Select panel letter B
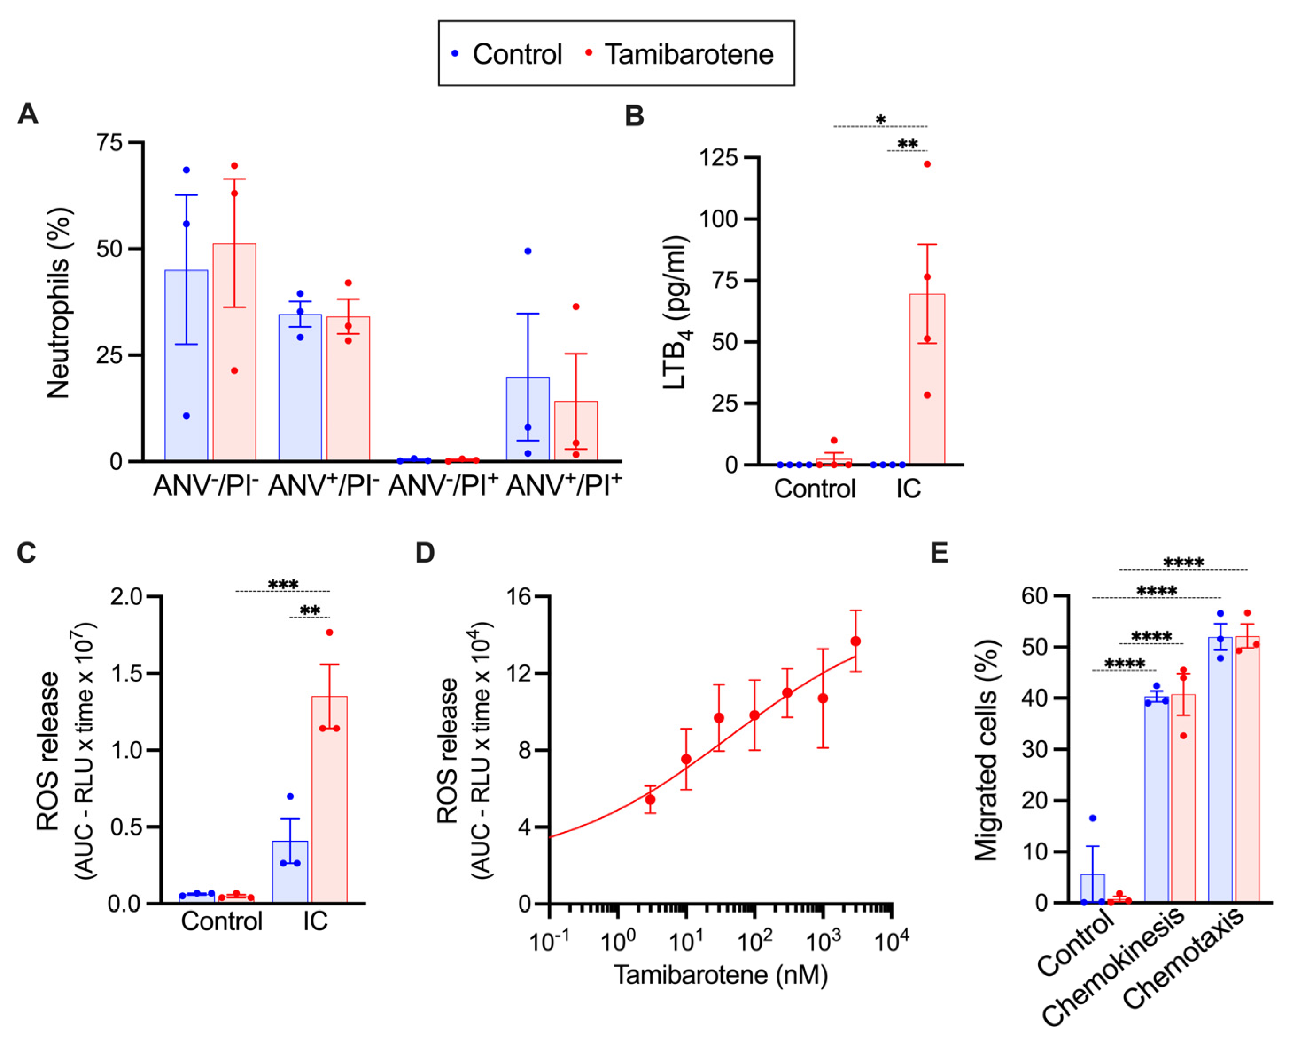coord(634,116)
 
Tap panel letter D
coord(425,552)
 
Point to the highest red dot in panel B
coord(927,164)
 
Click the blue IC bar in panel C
coord(290,872)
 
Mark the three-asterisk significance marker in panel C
coord(283,584)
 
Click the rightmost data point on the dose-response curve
coord(855,641)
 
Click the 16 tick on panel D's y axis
coord(520,597)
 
